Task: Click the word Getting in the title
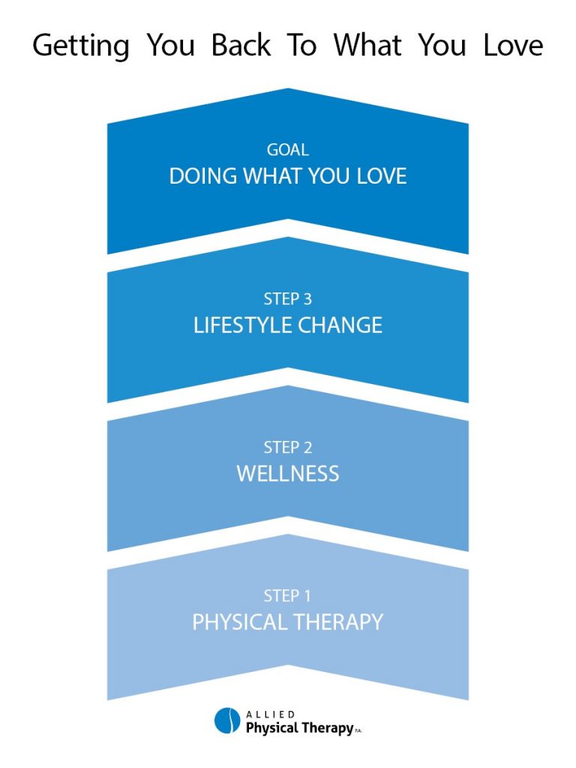click(81, 46)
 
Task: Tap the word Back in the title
click(241, 45)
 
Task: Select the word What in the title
click(367, 45)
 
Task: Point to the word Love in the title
click(513, 45)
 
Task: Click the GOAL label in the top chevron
click(288, 150)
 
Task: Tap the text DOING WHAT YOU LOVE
click(288, 176)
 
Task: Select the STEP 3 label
click(288, 298)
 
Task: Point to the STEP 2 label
click(288, 447)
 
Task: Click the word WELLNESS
click(288, 474)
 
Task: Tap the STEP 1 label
click(287, 595)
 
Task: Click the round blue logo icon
click(227, 721)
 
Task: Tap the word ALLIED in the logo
click(270, 715)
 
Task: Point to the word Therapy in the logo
click(327, 728)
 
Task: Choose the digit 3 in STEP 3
click(307, 298)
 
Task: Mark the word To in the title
click(301, 45)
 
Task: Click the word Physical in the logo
click(271, 728)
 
